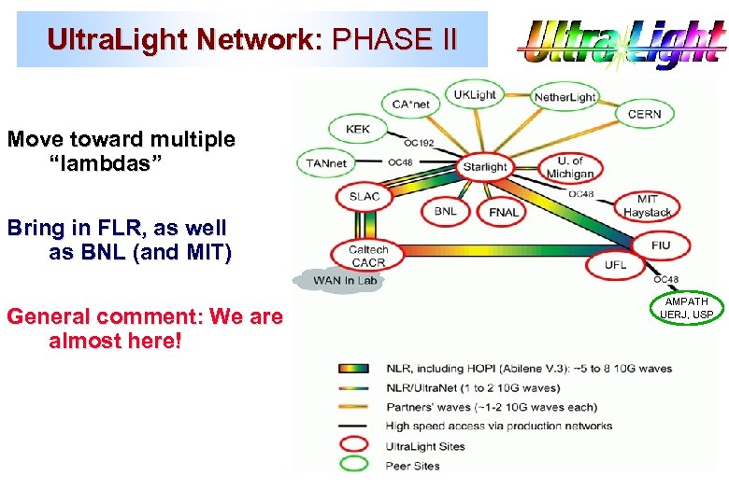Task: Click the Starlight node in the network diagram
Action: (x=485, y=166)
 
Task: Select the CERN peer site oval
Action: (x=644, y=114)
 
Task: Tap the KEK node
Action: (x=358, y=130)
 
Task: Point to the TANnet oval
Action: (x=326, y=163)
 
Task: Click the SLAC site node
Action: (x=364, y=197)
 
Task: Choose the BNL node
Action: (x=446, y=211)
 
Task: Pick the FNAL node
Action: (x=503, y=212)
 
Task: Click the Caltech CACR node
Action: (x=367, y=255)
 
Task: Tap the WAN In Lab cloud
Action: (x=339, y=280)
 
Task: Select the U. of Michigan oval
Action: (x=569, y=168)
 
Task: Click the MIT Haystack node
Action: (x=647, y=206)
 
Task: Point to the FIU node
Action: (x=661, y=245)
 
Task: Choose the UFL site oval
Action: (x=615, y=265)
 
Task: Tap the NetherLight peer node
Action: (x=565, y=97)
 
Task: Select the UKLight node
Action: (x=475, y=95)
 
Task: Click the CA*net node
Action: (x=410, y=104)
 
